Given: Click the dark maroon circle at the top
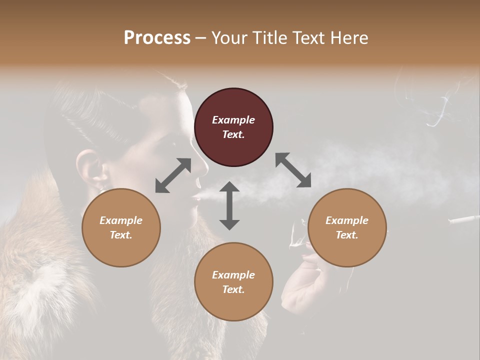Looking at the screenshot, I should [233, 127].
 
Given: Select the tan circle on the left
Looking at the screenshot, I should [121, 227].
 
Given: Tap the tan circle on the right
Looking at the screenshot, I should [347, 227].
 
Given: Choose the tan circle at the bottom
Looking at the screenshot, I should [233, 282].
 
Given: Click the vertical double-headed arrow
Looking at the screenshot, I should [229, 205].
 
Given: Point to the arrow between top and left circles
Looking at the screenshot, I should [173, 175].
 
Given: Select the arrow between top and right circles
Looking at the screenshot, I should [293, 170].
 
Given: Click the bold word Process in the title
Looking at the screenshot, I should [157, 37].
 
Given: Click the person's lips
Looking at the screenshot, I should [195, 199].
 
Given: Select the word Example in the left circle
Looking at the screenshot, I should [121, 220].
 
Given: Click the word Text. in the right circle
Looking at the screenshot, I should [347, 235].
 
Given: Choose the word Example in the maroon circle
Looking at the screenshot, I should [233, 120].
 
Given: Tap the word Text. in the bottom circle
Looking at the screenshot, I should [233, 289].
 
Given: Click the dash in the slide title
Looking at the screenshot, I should [201, 38].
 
